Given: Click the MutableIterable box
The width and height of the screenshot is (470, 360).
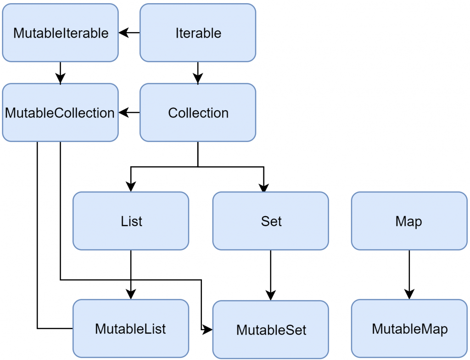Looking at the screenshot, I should coord(60,33).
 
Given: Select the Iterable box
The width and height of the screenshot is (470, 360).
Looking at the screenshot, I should coord(198,33).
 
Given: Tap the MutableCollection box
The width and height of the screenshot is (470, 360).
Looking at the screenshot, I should coord(60,112).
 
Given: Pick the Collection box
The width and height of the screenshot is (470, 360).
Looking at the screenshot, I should coord(198,112).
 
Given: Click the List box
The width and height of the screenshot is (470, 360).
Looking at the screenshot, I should coord(131,221).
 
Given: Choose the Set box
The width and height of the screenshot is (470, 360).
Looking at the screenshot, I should coord(270,221).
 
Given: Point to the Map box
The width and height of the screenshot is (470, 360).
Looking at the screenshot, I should coord(409,221).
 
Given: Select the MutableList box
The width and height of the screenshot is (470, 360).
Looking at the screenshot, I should coord(131,329).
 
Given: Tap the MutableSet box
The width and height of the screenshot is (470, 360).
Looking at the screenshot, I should coord(270,330).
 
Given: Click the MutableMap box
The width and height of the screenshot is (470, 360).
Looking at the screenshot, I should coord(409,329).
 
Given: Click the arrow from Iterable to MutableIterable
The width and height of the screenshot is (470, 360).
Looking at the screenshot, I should coord(129,33).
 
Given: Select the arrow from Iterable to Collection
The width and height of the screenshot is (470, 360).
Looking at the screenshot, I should coord(198,73).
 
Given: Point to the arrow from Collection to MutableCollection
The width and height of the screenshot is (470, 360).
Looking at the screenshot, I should coord(129,112).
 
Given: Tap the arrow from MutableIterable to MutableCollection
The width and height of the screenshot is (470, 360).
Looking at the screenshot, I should coord(60,73).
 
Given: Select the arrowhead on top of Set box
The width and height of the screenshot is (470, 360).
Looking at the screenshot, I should coord(263,186).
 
